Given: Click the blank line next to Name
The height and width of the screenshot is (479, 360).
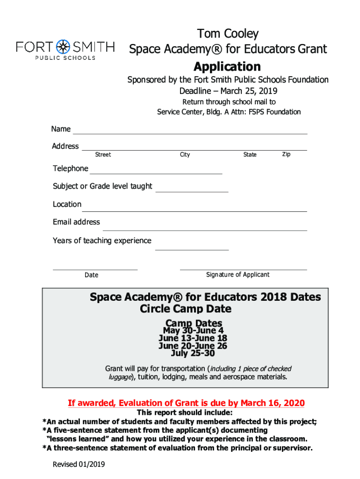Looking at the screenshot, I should [190, 133].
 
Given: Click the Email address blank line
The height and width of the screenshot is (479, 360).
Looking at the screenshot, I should [204, 230].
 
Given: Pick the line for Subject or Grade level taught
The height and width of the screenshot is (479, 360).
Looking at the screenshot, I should [192, 191].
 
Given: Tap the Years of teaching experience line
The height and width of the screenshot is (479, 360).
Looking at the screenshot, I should [192, 249].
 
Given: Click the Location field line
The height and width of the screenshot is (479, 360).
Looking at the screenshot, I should [194, 211].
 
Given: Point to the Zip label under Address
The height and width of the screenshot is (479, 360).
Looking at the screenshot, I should [286, 154].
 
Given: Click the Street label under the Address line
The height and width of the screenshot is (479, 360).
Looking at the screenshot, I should [103, 155].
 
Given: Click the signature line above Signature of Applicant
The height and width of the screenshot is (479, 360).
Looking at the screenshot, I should [243, 269].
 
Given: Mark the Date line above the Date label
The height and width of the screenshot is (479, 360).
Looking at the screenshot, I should [95, 269].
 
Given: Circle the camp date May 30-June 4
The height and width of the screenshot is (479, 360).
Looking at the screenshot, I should [193, 331].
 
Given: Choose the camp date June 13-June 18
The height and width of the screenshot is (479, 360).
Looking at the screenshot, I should [193, 338].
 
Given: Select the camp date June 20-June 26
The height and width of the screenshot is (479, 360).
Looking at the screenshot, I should [193, 346].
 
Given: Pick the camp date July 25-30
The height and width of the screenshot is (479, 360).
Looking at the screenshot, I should [193, 353].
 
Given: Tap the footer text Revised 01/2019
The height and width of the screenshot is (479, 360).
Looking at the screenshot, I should [79, 464].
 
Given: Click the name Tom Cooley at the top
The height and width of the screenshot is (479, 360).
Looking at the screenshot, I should [228, 34].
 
